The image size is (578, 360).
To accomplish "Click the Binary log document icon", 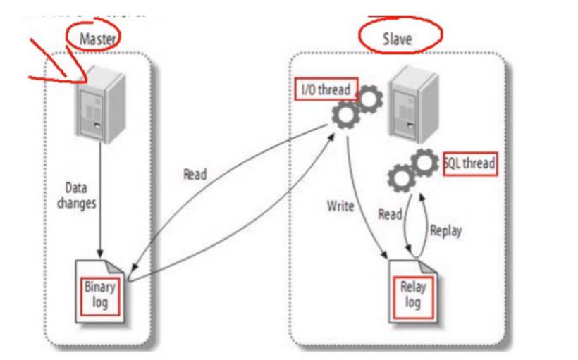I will point(102,288).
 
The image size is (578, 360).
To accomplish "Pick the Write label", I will point(340,207).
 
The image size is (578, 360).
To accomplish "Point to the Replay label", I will point(445,231).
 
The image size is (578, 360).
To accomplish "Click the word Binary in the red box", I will point(102,283).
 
